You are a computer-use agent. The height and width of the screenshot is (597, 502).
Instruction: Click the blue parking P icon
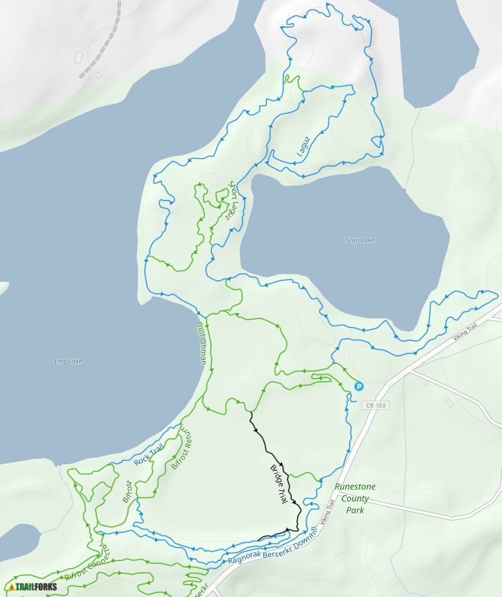[x=358, y=386]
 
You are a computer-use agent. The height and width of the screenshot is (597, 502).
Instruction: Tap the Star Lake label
[x=360, y=240]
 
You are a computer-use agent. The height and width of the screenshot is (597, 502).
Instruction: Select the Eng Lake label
[x=67, y=362]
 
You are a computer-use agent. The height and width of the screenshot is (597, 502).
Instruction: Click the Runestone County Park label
[x=355, y=498]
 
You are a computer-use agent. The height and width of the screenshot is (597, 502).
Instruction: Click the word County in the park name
[x=355, y=498]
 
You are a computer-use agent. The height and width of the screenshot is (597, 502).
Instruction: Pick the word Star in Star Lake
[x=352, y=240]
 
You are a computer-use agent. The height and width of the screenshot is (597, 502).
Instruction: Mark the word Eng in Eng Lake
[x=58, y=362]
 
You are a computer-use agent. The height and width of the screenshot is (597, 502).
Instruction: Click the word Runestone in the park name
[x=355, y=487]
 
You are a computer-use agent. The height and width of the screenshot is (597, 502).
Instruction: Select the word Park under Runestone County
[x=355, y=510]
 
